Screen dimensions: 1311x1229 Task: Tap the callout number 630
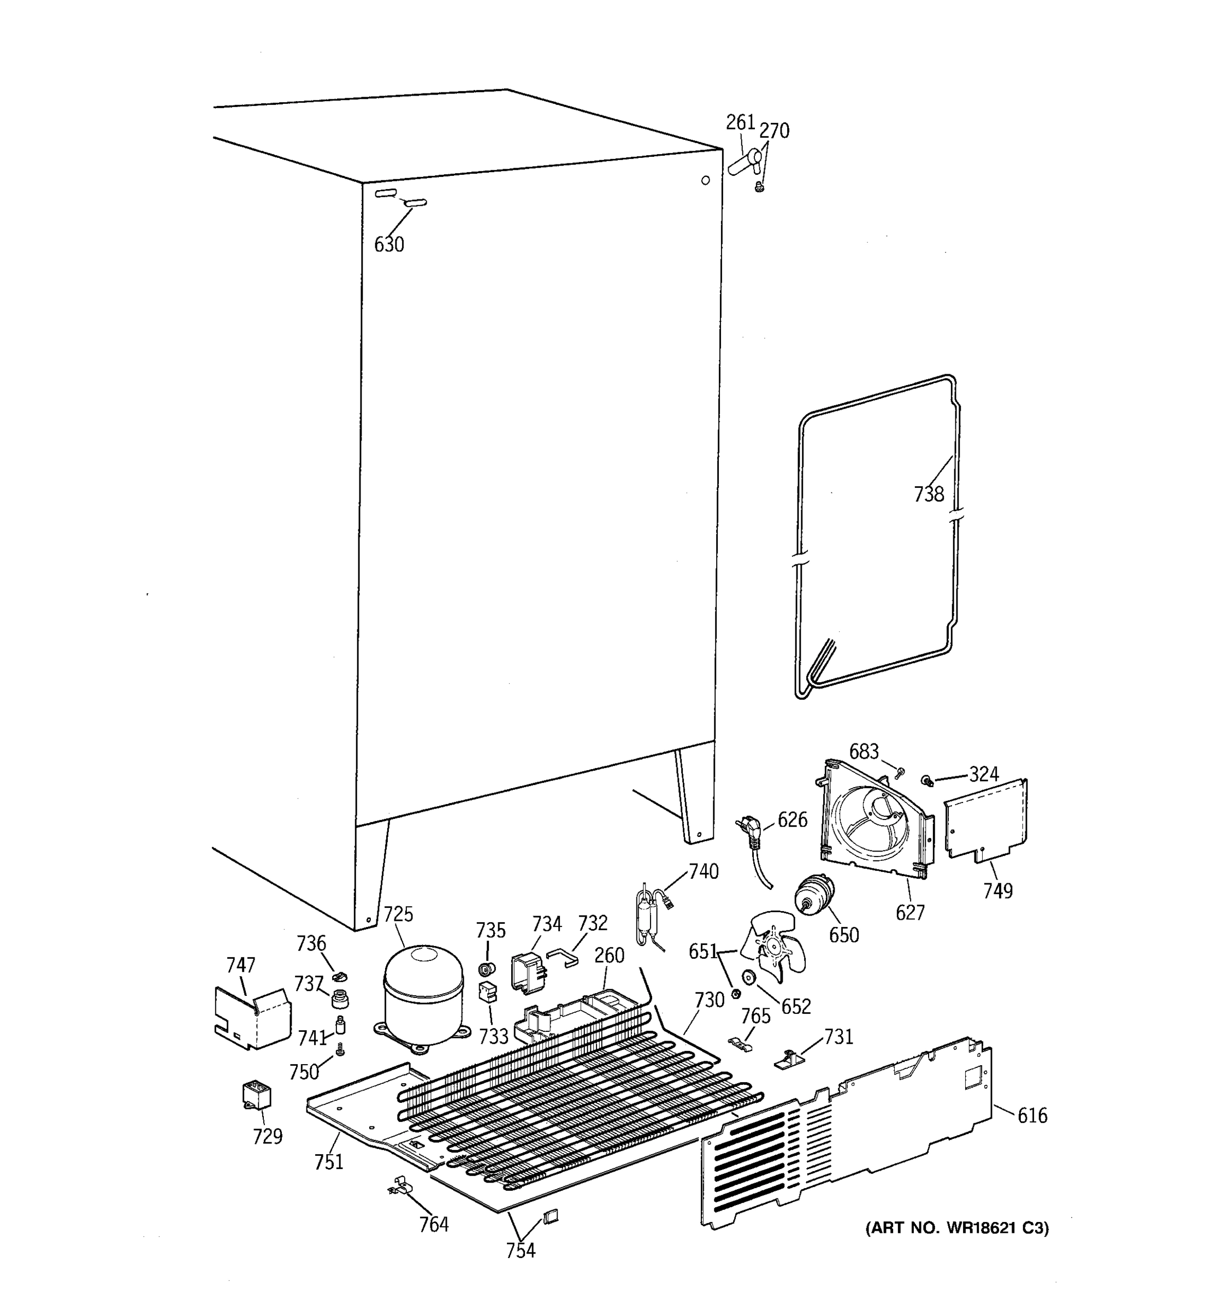(x=389, y=245)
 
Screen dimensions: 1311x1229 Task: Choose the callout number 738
(x=929, y=494)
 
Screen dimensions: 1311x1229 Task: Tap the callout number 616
(x=1032, y=1115)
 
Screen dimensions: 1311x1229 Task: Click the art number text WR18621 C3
(x=956, y=1228)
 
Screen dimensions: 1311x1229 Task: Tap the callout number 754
(x=520, y=1250)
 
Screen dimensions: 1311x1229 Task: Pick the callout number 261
(x=740, y=123)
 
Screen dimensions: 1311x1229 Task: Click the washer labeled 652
(x=748, y=977)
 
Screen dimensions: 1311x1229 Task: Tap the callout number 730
(x=710, y=1000)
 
